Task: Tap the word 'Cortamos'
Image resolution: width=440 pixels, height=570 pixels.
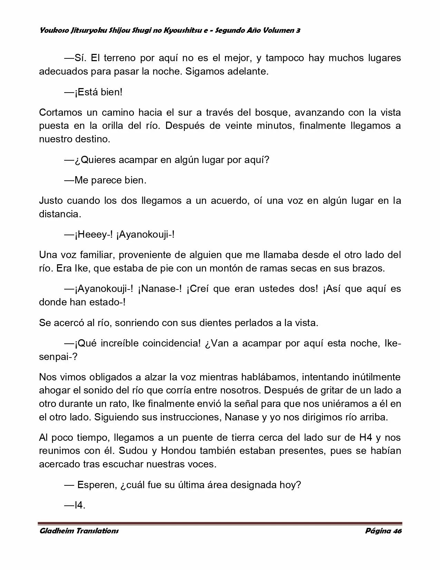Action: (60, 113)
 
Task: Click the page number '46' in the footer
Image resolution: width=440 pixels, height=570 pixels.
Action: (397, 531)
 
